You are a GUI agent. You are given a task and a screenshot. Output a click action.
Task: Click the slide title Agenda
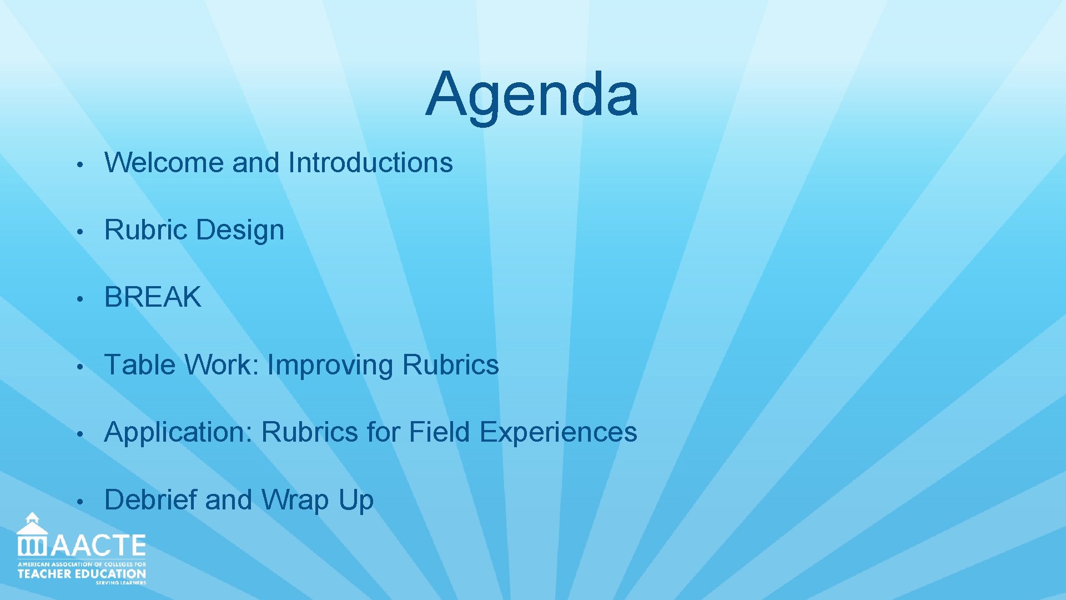point(532,94)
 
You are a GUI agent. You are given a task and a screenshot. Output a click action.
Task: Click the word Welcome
point(164,163)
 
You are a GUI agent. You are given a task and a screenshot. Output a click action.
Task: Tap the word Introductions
point(370,163)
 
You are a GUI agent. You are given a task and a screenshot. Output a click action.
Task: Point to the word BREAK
point(153,297)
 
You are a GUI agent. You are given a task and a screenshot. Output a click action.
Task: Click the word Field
point(439,432)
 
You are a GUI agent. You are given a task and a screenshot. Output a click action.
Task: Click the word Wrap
point(295,500)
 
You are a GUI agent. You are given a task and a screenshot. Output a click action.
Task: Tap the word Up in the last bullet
point(356,500)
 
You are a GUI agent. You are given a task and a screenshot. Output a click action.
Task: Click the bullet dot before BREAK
point(80,299)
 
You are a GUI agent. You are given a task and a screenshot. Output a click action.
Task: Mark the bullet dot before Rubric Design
point(80,232)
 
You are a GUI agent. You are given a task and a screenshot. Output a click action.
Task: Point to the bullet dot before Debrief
point(80,502)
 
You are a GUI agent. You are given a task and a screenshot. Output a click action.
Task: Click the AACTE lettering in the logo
point(99,546)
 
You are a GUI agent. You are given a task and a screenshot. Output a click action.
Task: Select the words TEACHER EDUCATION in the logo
point(82,574)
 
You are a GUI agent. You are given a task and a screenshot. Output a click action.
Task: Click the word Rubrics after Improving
point(450,365)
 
